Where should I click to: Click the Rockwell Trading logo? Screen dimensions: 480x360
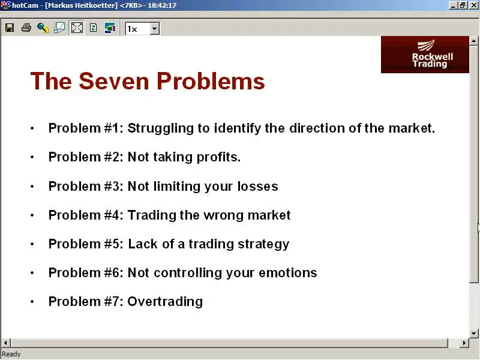(425, 55)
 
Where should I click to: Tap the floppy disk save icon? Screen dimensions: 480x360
(10, 28)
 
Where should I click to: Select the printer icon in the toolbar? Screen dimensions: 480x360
(26, 28)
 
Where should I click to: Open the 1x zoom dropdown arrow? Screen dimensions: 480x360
(155, 29)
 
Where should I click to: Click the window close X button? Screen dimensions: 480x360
(473, 5)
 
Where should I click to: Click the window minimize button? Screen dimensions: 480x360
(453, 5)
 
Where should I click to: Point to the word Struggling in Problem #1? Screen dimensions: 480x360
(161, 128)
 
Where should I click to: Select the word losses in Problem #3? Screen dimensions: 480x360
(258, 187)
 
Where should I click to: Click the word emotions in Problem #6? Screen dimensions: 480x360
(288, 273)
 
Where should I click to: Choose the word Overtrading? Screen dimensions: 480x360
(165, 302)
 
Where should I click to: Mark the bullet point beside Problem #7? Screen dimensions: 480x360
(32, 302)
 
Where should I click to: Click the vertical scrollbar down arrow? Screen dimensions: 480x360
(473, 334)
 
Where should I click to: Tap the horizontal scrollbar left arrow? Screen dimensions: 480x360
(5, 343)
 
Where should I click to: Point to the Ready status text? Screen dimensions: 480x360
(11, 354)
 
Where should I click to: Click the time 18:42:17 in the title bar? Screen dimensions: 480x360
(162, 5)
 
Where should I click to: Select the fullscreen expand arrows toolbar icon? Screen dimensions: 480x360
(77, 28)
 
